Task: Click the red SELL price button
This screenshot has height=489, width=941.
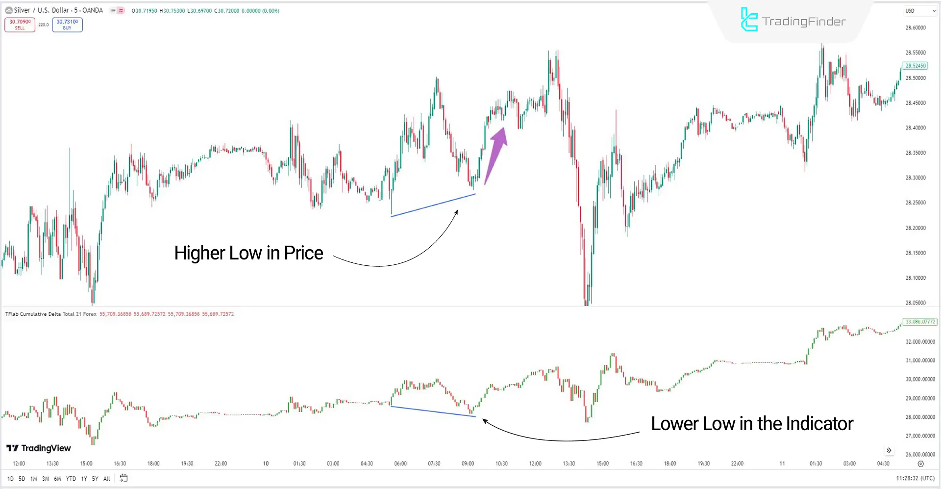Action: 20,25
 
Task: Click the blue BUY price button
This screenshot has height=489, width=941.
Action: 67,25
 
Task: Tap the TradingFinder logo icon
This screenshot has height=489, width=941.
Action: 748,20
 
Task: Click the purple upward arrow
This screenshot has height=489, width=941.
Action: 496,154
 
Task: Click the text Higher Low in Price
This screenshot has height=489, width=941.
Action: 248,253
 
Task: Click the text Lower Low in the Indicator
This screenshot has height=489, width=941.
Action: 752,424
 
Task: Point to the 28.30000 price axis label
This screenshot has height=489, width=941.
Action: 915,178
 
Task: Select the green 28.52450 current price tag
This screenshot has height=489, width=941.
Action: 915,66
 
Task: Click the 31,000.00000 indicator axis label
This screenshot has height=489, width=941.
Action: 920,360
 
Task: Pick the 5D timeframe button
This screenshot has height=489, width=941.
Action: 22,479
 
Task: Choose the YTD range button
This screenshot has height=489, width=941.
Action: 71,479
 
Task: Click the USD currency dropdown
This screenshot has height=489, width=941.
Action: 920,11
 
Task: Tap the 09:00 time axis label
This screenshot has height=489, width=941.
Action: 468,463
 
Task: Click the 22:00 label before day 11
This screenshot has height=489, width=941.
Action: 737,463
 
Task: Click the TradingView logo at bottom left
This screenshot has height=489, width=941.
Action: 39,448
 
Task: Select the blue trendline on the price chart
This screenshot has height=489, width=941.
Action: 433,205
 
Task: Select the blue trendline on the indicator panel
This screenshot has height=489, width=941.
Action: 433,412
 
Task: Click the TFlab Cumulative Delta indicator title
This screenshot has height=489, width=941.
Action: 50,314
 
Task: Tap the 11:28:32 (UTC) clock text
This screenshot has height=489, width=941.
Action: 915,478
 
